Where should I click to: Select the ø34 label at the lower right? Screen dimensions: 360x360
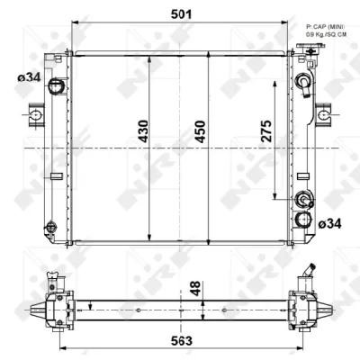[x=328, y=221]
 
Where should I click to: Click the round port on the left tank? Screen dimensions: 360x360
[x=56, y=87]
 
